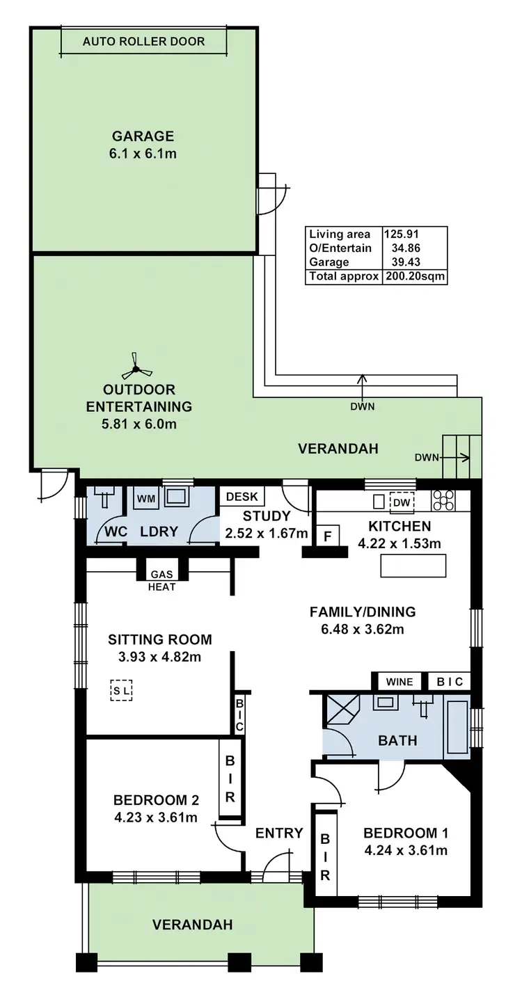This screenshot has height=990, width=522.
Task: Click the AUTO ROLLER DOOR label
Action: coord(143,42)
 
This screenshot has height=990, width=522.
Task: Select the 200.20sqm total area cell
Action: coord(415,277)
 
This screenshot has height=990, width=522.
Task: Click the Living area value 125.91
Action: coord(401,234)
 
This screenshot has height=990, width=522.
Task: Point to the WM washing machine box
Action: coord(146,499)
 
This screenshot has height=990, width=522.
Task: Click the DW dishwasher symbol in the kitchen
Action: coord(402,502)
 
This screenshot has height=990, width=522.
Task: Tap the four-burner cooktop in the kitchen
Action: coord(443,501)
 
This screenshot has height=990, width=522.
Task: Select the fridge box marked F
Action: coord(328,536)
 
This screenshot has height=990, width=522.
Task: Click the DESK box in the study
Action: coord(242,496)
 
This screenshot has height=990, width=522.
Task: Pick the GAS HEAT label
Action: coord(161,580)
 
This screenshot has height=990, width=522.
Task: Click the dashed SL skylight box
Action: coord(121,690)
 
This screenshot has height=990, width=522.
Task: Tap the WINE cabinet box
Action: coord(400,682)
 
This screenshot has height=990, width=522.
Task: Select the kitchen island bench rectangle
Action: coord(413,566)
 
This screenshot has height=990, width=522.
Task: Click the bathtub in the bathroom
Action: coord(455,727)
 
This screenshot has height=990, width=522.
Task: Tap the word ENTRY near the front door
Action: coord(279,833)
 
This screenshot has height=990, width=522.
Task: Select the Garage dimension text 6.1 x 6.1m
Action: coord(143,154)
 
